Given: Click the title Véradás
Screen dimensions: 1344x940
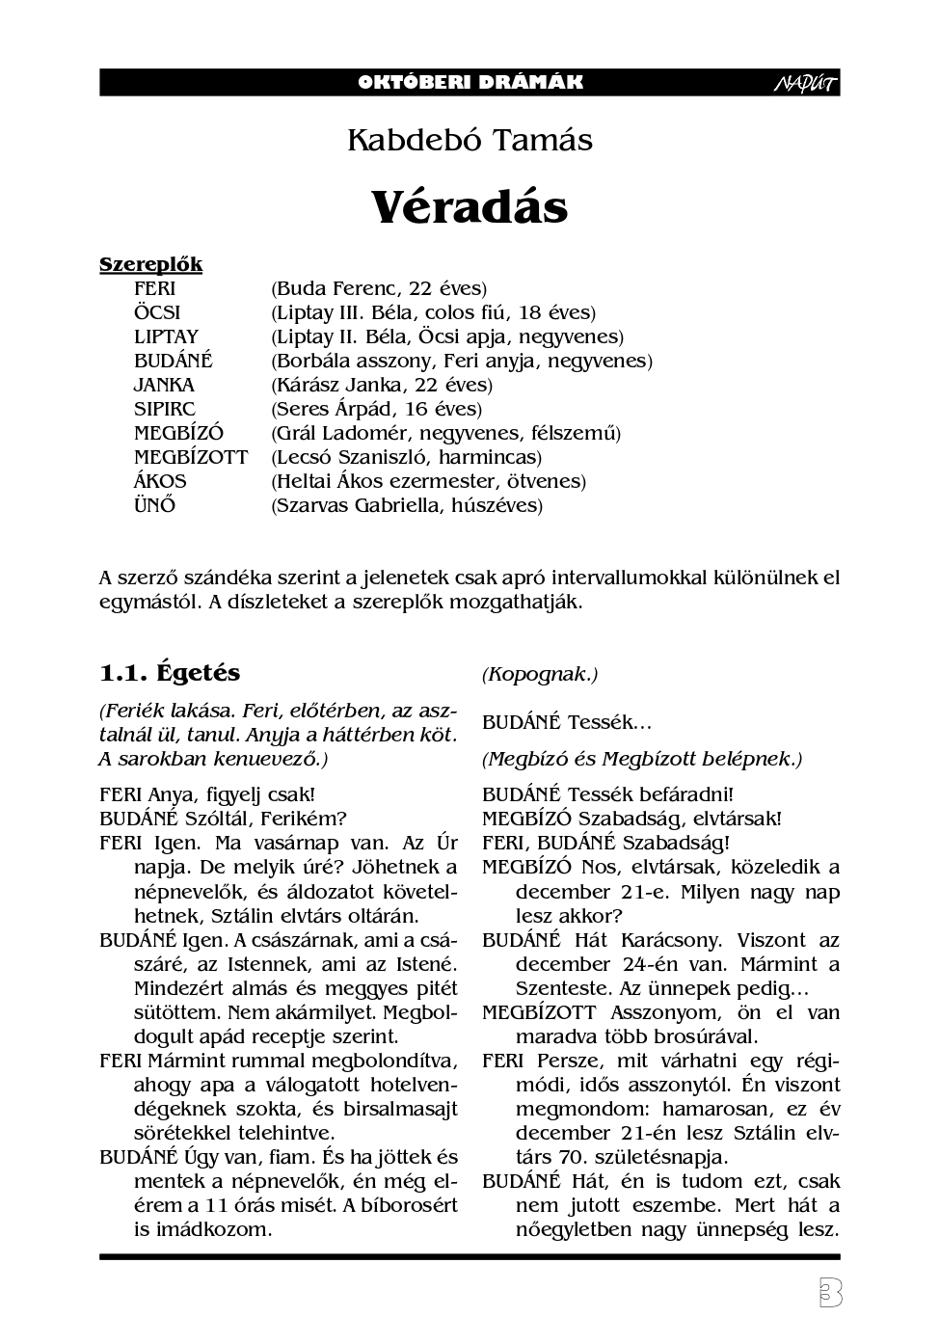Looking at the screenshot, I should coord(470,206).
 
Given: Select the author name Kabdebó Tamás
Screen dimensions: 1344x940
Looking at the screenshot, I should coord(470,141).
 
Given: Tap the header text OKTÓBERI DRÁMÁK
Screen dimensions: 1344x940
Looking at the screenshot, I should coord(470,82).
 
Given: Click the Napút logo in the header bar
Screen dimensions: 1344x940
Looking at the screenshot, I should coord(805,84).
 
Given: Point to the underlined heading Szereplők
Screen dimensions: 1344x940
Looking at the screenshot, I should coord(150,264).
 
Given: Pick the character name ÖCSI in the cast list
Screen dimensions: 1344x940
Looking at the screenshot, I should coord(156,312).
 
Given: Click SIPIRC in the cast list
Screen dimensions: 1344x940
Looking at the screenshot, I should coord(164,409).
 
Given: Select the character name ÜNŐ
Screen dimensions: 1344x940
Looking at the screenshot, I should coord(154,505).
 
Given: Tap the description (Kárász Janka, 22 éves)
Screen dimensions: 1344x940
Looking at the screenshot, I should coord(382,385).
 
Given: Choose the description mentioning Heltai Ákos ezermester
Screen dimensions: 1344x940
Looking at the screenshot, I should coord(429,481).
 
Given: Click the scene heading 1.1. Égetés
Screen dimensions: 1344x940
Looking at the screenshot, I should coord(170,672).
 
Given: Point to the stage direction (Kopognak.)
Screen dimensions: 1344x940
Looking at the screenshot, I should coord(540,674).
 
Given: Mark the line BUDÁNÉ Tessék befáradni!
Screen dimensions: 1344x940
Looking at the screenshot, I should coord(607,794).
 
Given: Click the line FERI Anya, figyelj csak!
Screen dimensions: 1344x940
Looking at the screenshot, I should coord(207,794).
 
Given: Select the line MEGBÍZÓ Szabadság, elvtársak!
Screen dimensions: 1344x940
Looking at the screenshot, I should coord(631,819).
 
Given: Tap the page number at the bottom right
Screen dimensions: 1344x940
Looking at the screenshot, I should coord(826,1293).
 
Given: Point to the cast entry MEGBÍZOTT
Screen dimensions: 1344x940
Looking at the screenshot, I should coord(190,457).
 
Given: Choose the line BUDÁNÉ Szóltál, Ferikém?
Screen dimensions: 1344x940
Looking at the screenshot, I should coord(223,819).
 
